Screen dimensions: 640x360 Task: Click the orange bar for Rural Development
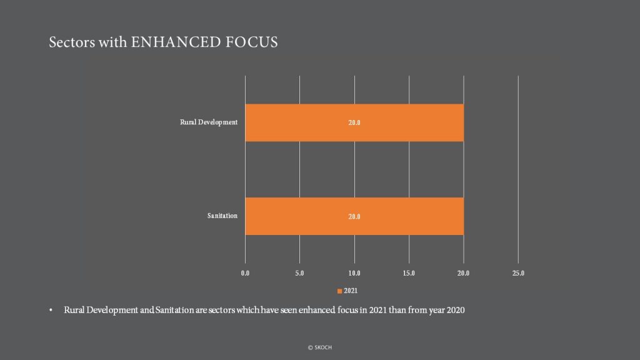click(354, 123)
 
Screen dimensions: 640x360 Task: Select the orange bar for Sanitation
click(354, 216)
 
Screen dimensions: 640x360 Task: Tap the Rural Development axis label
click(209, 122)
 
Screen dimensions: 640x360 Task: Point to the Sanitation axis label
click(222, 216)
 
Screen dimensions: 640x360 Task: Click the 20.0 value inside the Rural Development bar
click(354, 123)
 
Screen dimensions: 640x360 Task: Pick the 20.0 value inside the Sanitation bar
click(354, 217)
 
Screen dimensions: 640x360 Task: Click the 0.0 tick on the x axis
click(245, 273)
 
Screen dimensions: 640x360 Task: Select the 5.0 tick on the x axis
click(299, 273)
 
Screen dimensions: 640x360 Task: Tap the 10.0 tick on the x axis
click(354, 273)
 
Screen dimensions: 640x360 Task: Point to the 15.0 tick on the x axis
click(409, 273)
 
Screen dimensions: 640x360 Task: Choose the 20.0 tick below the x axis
click(463, 273)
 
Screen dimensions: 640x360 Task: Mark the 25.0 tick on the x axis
click(518, 273)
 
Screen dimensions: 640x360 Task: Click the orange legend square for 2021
click(339, 291)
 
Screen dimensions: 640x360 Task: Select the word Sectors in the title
click(72, 42)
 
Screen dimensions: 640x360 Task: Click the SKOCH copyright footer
click(320, 347)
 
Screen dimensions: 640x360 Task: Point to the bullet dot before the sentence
click(51, 310)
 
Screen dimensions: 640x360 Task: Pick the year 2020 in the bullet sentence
click(456, 310)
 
